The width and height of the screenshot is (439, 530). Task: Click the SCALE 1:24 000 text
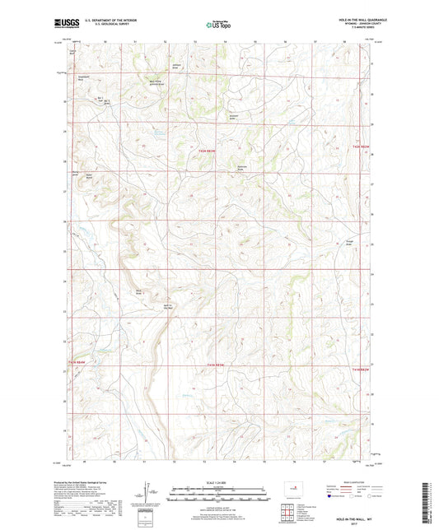218,482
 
